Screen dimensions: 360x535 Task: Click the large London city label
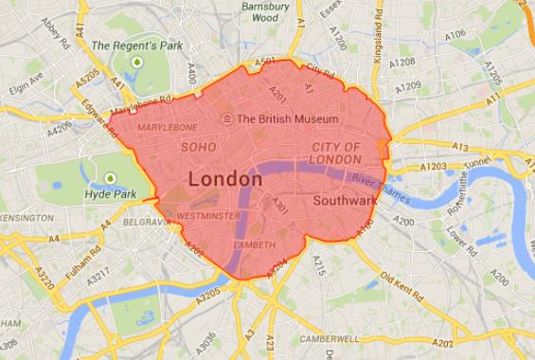pos(225,179)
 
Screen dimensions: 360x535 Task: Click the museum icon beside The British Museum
pos(227,119)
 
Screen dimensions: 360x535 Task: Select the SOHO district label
pos(199,148)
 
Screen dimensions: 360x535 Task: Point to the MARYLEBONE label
pos(168,127)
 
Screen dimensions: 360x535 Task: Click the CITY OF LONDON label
pos(336,153)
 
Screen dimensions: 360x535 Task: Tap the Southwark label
pos(346,201)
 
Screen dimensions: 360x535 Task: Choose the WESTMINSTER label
pos(208,216)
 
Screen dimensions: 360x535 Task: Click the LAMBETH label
pos(254,244)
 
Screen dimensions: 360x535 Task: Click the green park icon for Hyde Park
pos(111,178)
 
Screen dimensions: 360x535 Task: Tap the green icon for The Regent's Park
pos(137,62)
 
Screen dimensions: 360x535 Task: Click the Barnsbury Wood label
pos(266,11)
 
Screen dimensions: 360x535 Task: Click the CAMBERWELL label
pos(330,338)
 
